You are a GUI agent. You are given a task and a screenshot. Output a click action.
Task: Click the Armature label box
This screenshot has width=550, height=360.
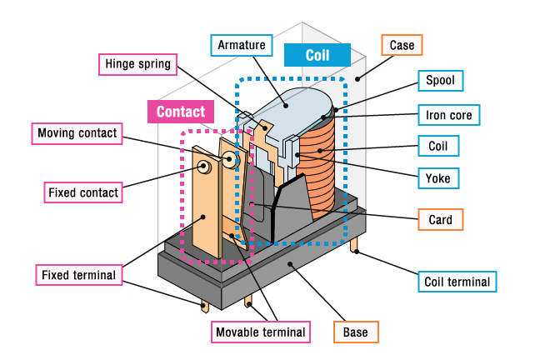point(242,44)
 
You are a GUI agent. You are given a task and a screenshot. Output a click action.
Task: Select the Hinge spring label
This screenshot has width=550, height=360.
point(137,63)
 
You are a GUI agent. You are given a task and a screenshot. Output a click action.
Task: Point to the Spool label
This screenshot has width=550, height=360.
point(440,81)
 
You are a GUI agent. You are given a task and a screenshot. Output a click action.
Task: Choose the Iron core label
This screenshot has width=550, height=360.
point(447,113)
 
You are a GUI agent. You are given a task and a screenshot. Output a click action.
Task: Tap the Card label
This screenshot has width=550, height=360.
point(440,220)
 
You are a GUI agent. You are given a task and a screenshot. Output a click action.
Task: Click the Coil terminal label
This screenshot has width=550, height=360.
point(457,282)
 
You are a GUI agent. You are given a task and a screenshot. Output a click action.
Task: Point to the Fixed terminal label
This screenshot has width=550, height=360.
point(78,273)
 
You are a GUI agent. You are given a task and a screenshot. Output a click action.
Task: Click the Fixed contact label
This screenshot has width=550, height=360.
point(82,192)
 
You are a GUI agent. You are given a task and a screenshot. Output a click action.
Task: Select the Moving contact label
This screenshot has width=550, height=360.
point(77,132)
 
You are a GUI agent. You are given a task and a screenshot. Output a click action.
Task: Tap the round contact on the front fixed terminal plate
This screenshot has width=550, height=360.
point(204,167)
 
